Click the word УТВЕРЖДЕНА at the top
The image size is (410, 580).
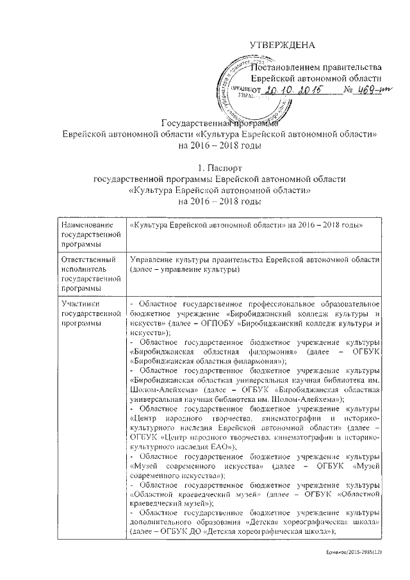[x=283, y=46]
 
